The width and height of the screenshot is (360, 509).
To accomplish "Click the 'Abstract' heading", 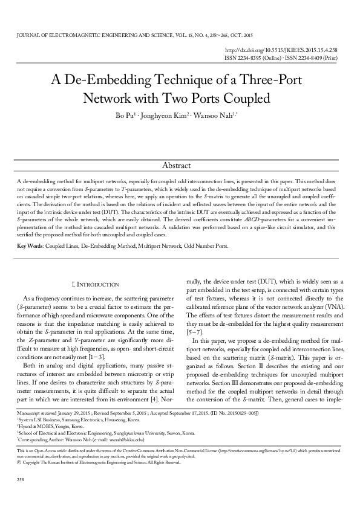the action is coord(180,166).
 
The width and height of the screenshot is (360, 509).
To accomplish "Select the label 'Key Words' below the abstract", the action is coord(29,247).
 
